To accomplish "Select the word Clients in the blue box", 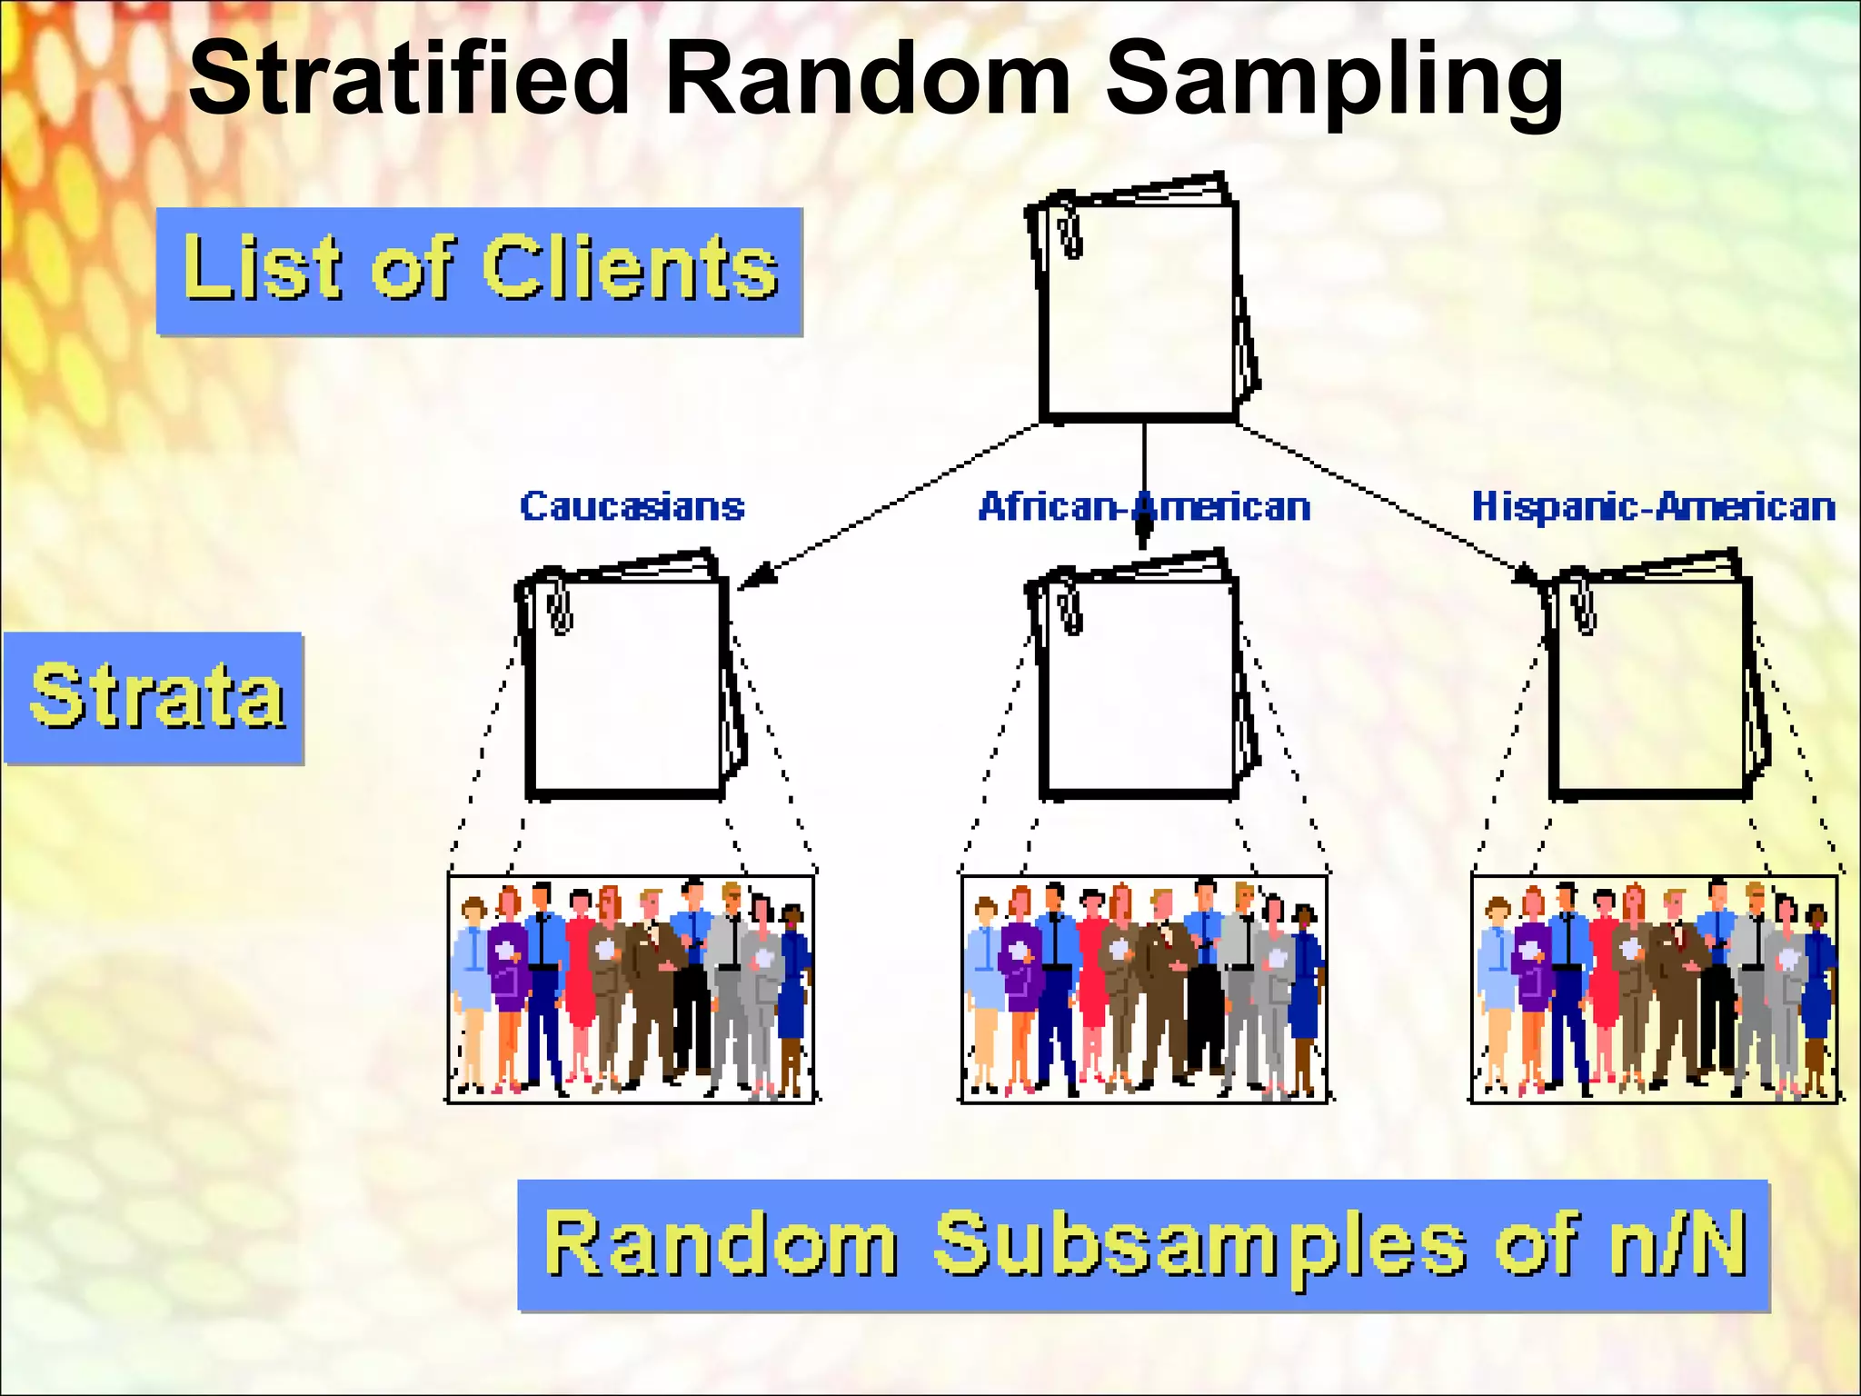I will [630, 267].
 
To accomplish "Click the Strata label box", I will [154, 698].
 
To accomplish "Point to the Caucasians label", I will [632, 506].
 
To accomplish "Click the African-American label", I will [1143, 506].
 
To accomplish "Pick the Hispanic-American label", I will [1653, 506].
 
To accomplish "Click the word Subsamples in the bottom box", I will [1199, 1245].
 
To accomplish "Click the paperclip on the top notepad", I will [1070, 230].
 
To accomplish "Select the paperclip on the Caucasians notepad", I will [560, 606].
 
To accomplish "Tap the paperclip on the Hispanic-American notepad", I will [1584, 606].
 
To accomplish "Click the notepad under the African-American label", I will [1141, 686].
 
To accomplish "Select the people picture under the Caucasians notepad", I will [631, 989].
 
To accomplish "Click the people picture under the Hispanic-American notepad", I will [1654, 989].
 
